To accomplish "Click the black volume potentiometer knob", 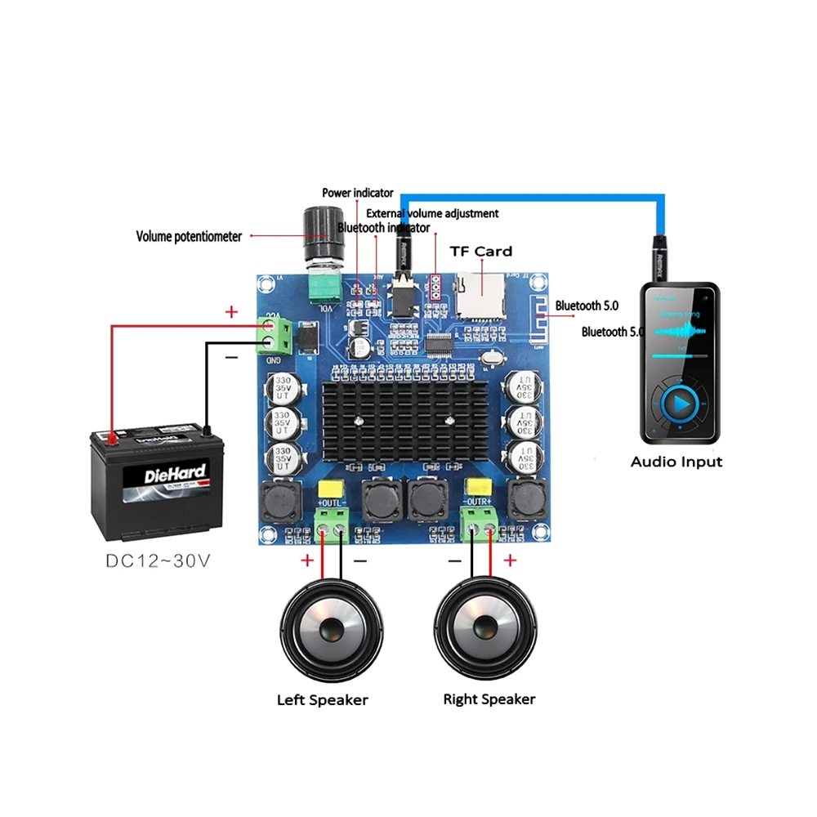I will pos(319,231).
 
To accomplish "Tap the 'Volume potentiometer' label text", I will pos(189,237).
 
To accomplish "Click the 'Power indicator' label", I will pos(357,193).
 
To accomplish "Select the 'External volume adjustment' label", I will pos(432,213).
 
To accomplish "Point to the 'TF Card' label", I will pos(482,252).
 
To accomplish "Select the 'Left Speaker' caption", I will pos(323,700).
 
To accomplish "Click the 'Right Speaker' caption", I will pos(489,699).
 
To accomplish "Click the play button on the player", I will pos(680,402).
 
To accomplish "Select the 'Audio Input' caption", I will pos(676,462).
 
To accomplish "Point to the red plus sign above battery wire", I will pos(231,312).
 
